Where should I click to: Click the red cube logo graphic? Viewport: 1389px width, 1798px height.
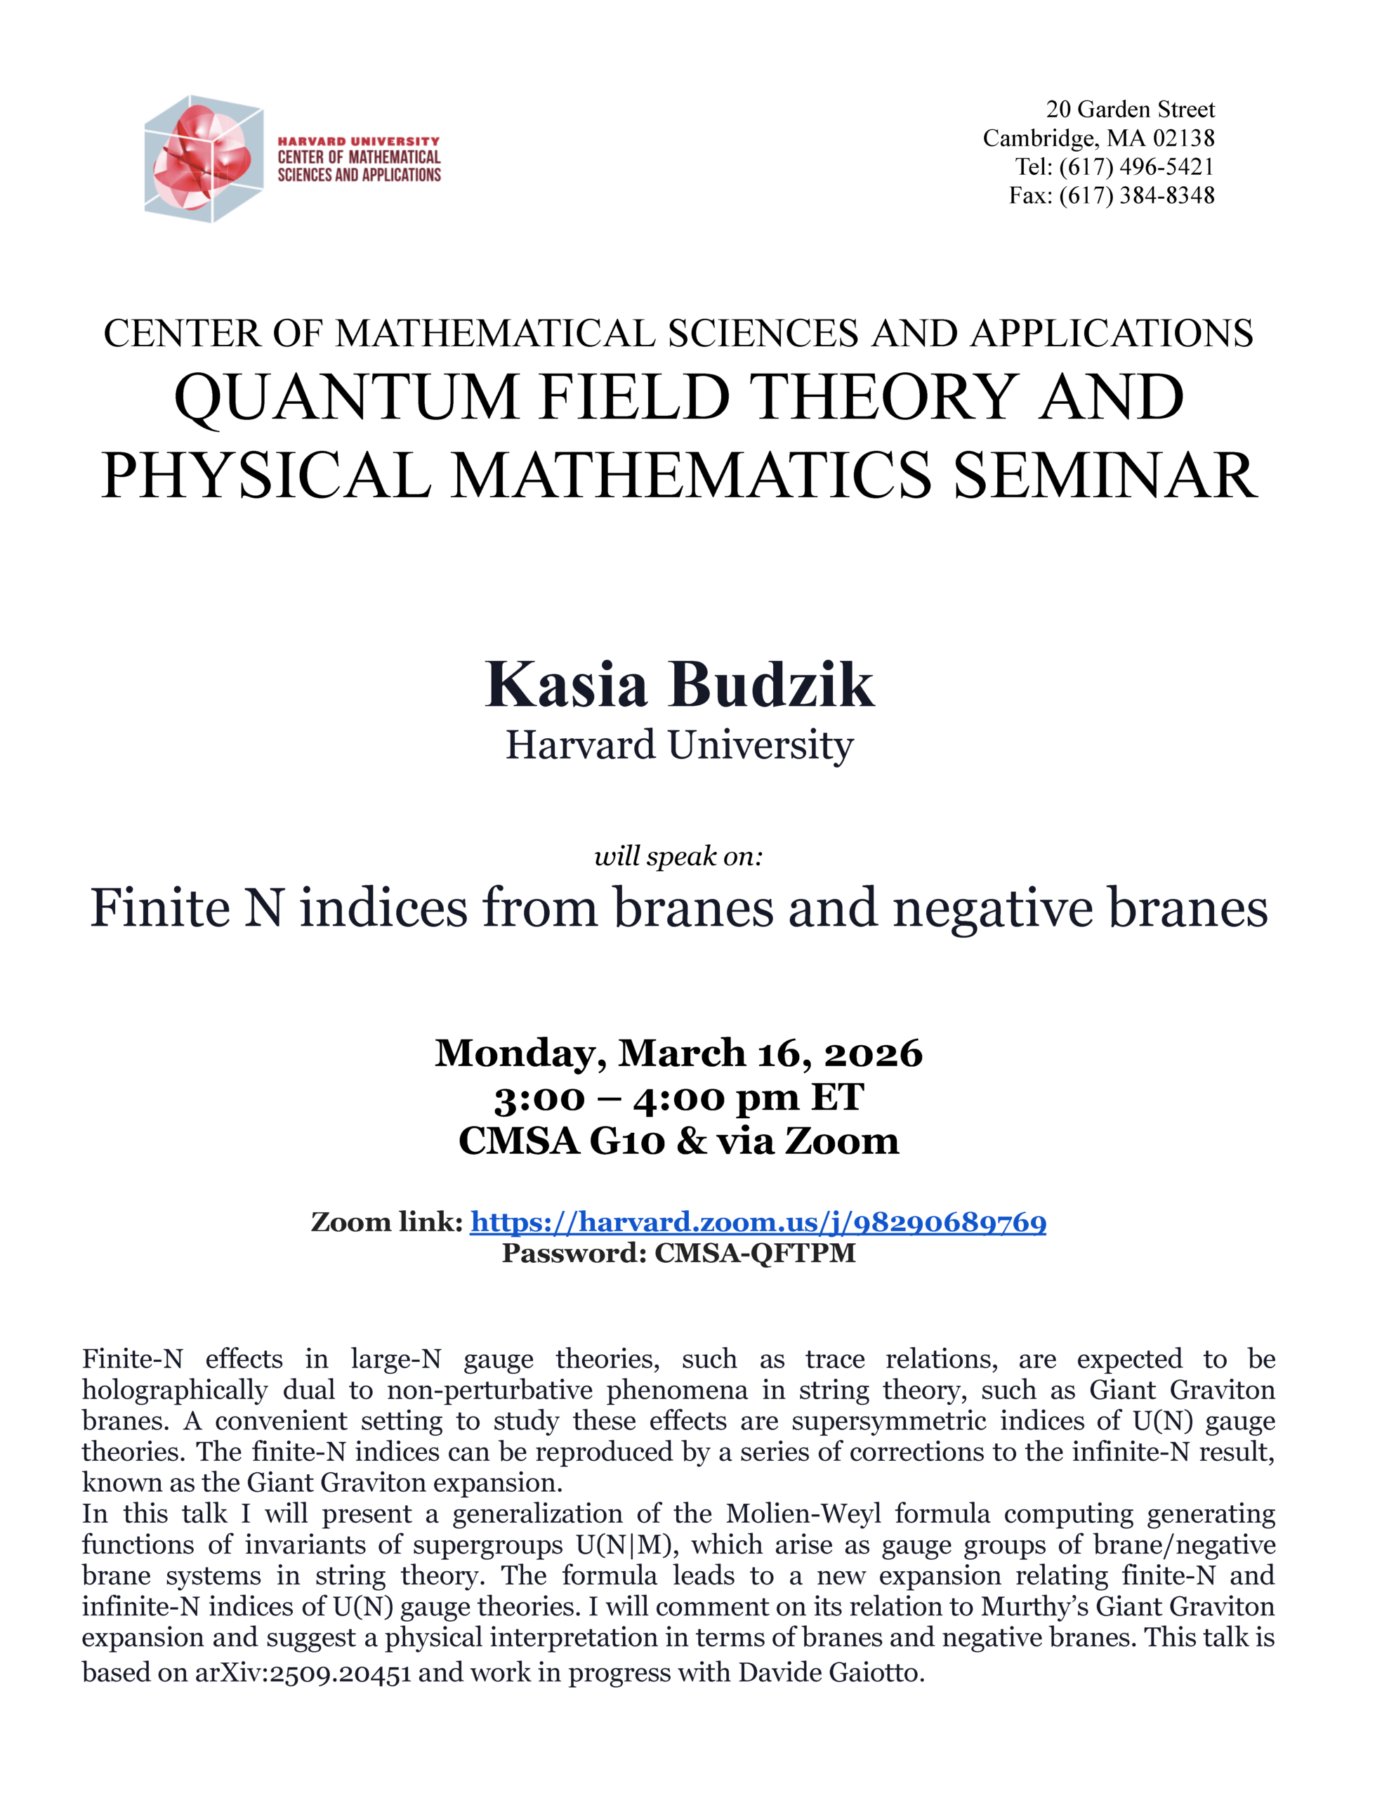pyautogui.click(x=204, y=158)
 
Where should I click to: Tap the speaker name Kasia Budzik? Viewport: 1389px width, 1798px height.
pyautogui.click(x=679, y=685)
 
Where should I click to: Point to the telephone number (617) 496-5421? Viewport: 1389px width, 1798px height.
pyautogui.click(x=1136, y=166)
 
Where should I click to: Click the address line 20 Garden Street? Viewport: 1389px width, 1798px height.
pyautogui.click(x=1130, y=110)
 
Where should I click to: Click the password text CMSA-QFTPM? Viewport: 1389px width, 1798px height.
pyautogui.click(x=755, y=1253)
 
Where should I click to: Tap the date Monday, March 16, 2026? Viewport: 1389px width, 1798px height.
pyautogui.click(x=678, y=1053)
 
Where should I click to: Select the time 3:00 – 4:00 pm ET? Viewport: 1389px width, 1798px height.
pyautogui.click(x=678, y=1097)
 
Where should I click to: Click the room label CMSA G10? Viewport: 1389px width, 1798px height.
pyautogui.click(x=560, y=1141)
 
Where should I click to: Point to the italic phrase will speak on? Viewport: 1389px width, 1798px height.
pyautogui.click(x=678, y=856)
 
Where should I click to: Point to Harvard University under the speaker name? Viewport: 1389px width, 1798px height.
pyautogui.click(x=679, y=745)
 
